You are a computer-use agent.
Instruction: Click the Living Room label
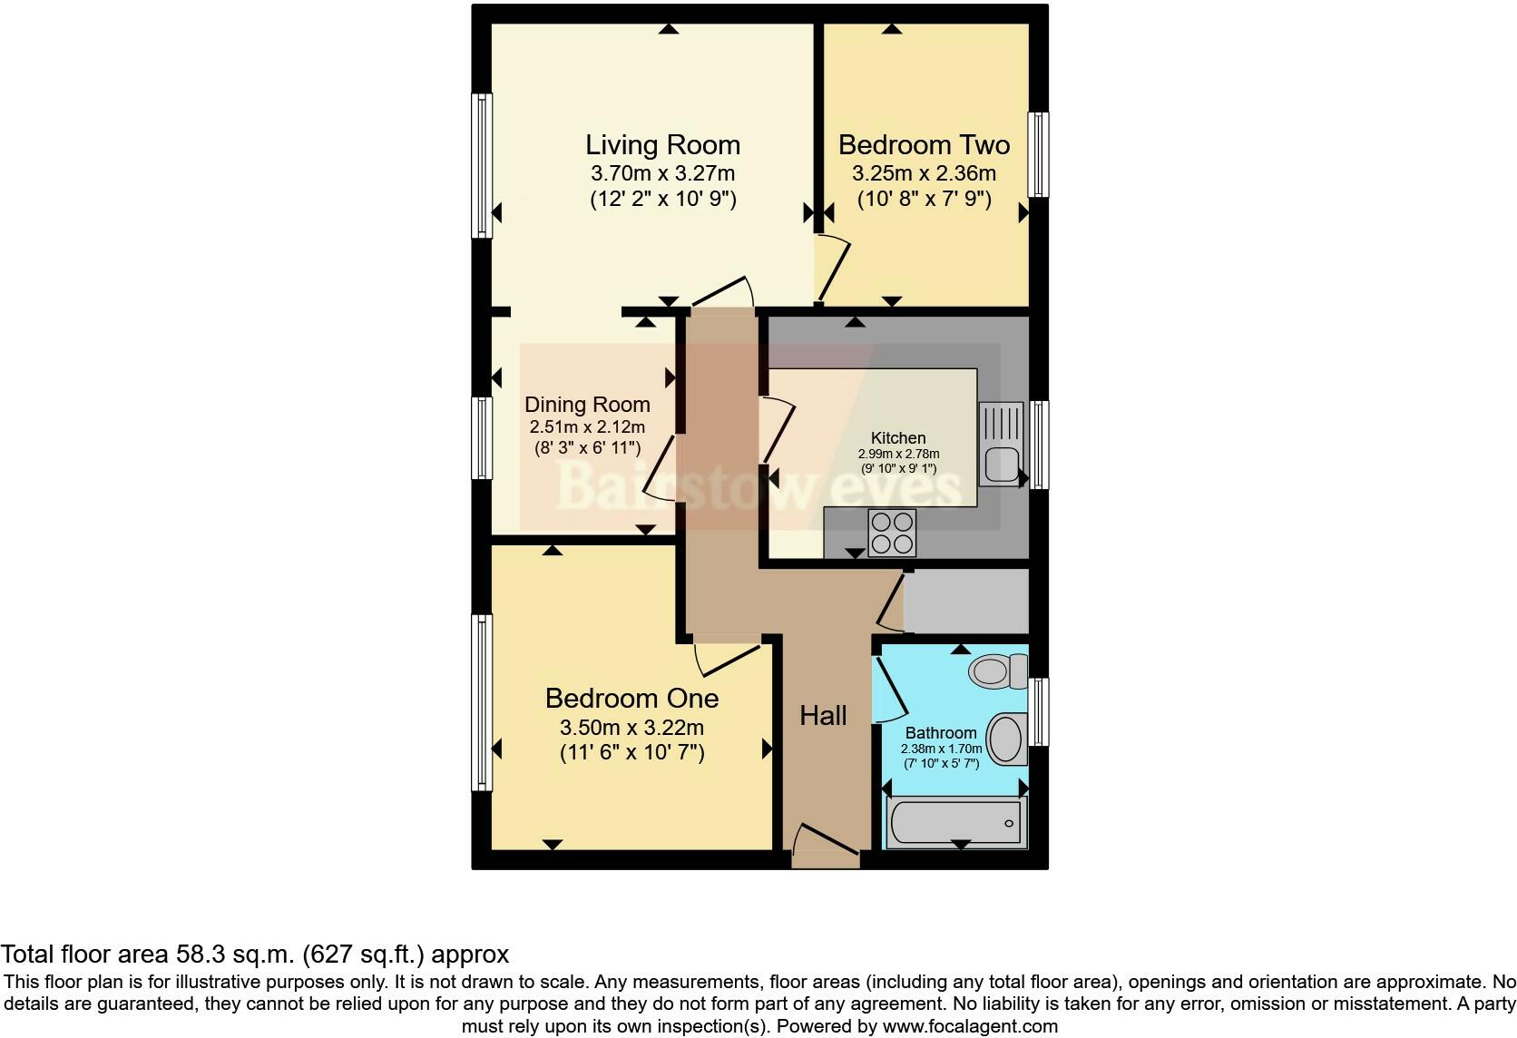[x=662, y=145]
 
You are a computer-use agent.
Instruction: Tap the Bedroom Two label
[x=924, y=145]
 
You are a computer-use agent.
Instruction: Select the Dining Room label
[x=587, y=405]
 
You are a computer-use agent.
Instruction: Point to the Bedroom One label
[x=631, y=699]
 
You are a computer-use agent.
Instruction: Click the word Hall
[x=823, y=716]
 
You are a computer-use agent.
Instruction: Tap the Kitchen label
[x=898, y=438]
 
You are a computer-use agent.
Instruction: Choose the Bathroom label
[x=941, y=733]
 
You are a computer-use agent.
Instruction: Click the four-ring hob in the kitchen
[x=892, y=533]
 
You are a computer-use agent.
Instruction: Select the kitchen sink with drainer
[x=1001, y=444]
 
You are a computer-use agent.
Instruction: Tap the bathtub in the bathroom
[x=956, y=822]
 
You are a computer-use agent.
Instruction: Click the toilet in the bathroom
[x=997, y=671]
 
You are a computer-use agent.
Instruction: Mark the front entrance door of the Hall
[x=825, y=844]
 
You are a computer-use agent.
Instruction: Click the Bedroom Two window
[x=1038, y=154]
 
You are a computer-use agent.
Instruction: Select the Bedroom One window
[x=482, y=702]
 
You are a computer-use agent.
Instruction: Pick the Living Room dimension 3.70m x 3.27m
[x=662, y=173]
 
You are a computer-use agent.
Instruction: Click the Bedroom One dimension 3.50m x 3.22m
[x=631, y=728]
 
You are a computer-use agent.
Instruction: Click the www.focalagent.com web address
[x=970, y=1026]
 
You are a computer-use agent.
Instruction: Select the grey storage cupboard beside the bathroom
[x=965, y=601]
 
